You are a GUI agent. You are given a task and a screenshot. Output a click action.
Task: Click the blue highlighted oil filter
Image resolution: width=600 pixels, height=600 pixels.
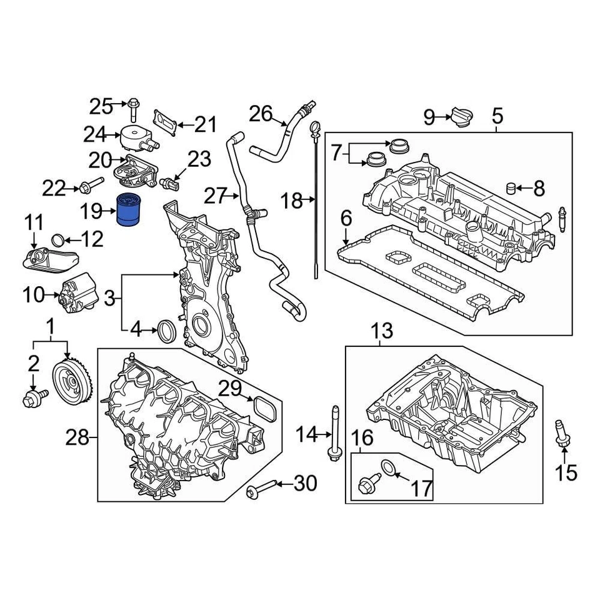coord(131,211)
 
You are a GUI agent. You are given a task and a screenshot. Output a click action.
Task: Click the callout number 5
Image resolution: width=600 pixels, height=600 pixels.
coord(497,116)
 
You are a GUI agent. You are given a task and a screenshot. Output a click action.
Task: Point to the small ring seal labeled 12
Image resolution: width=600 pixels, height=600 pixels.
coord(57,239)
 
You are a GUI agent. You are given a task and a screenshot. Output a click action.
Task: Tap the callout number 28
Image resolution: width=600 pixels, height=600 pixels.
coord(78,438)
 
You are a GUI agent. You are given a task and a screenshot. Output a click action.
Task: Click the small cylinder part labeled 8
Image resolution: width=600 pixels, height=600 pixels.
coord(511,187)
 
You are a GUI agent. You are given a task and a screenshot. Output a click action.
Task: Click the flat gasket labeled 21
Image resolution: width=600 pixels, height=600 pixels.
coord(165,122)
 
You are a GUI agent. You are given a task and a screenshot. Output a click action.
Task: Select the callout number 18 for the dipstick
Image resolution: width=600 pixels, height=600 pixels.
coord(291,201)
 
